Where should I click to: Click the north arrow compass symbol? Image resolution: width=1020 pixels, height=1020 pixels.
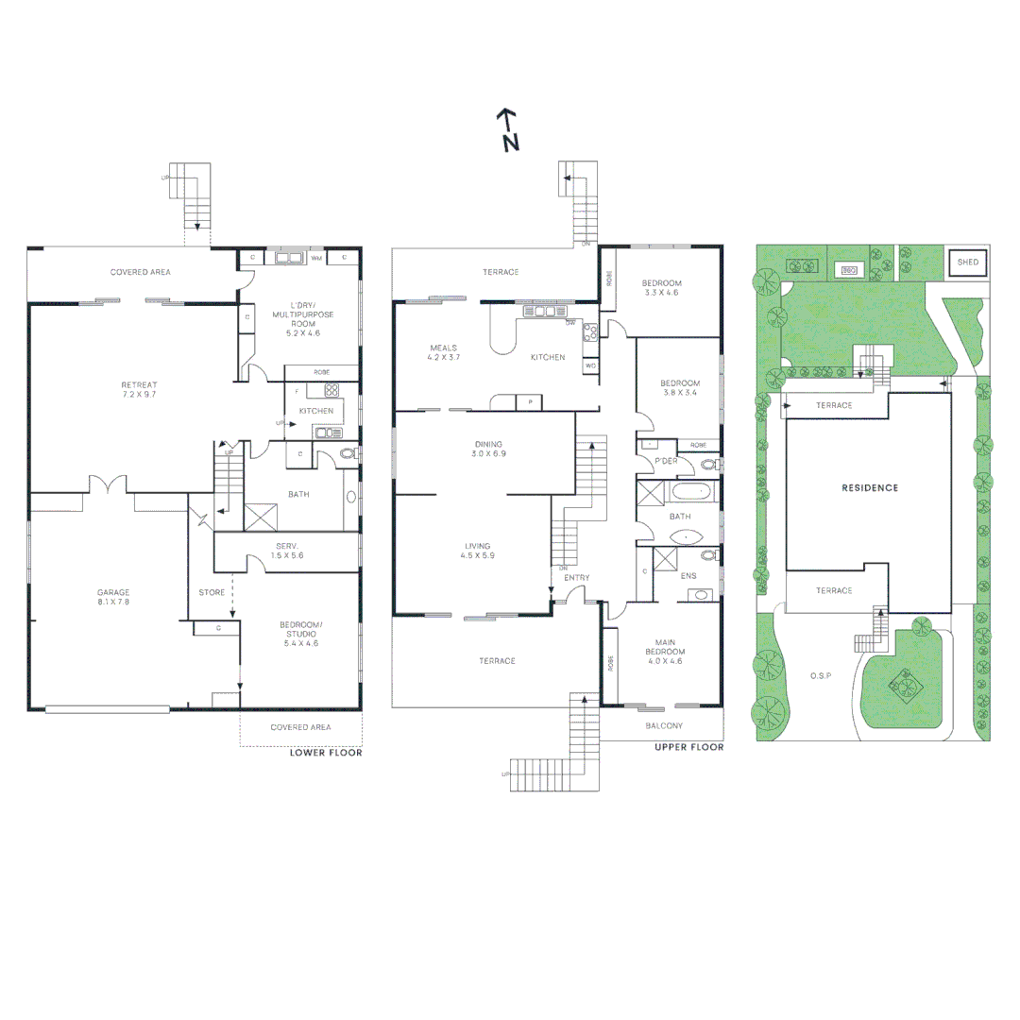[509, 129]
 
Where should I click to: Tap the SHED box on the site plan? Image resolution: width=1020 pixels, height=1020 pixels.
[968, 262]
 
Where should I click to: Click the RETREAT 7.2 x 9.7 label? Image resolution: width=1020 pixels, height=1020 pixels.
[139, 390]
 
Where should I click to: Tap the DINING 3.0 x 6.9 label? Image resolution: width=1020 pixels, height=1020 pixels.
[488, 449]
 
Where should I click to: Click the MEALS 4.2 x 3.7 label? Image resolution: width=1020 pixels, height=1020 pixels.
[443, 353]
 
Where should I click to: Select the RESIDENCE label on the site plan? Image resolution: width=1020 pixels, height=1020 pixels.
[870, 488]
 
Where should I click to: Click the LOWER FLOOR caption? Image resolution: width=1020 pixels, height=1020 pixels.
[325, 753]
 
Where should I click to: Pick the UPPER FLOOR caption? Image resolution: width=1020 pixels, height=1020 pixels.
[688, 747]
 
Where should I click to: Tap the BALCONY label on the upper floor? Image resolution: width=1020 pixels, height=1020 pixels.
[664, 725]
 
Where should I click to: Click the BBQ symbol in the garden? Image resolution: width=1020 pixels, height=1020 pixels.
[848, 271]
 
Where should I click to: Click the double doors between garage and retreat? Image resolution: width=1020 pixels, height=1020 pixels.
[108, 485]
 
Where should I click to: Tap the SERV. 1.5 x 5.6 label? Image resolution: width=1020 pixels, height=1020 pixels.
[288, 551]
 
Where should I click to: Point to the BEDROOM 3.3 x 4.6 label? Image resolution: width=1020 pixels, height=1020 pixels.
[661, 288]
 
